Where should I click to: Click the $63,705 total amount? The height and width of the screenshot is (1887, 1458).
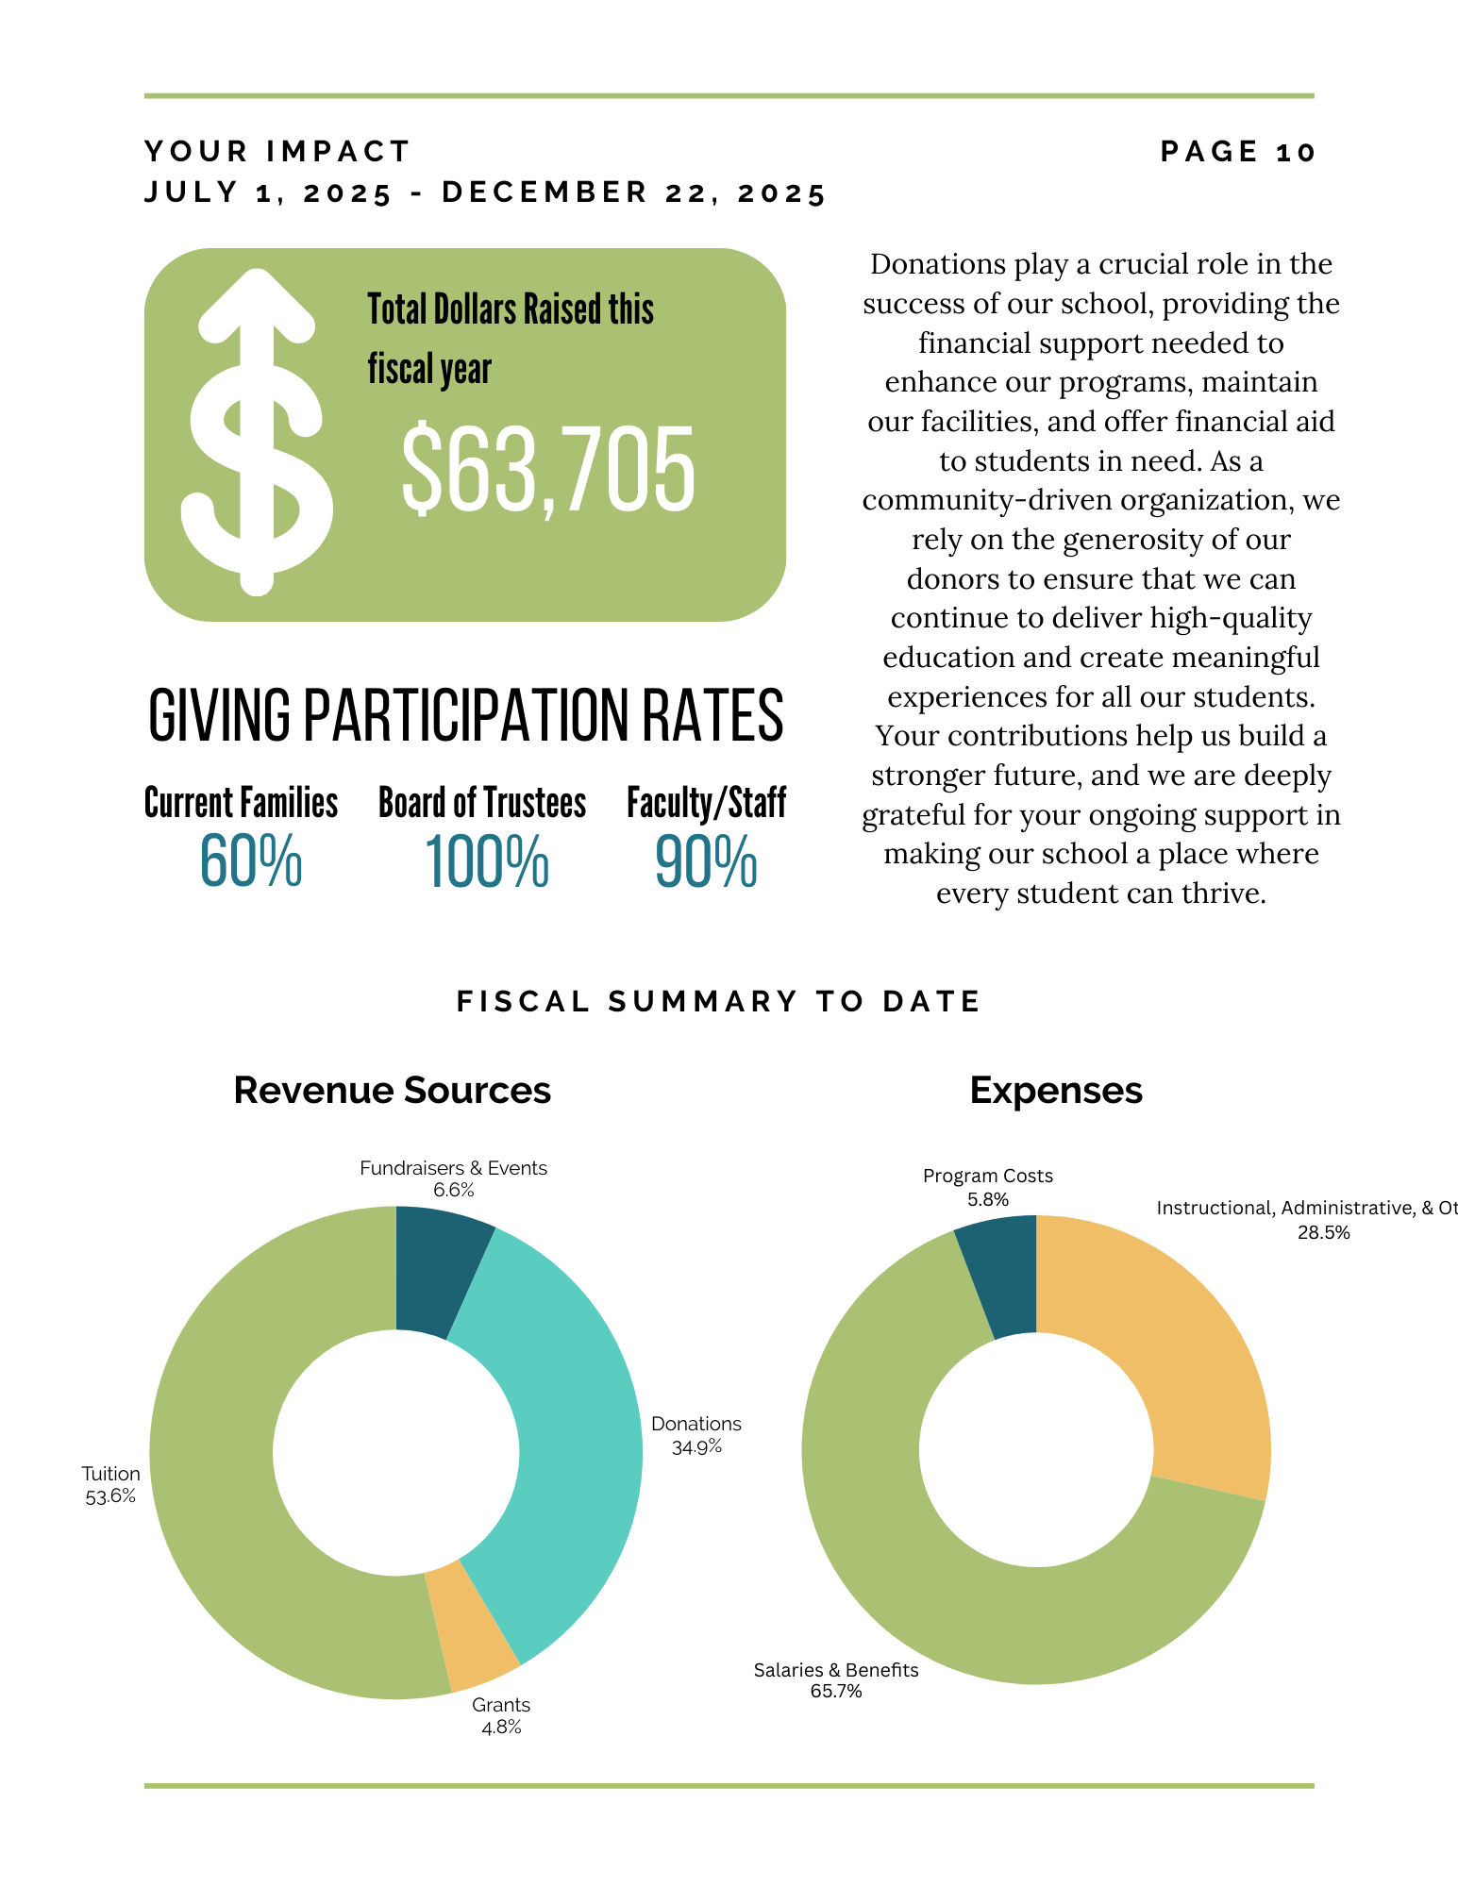click(x=547, y=469)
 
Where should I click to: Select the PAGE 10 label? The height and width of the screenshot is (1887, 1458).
click(x=1237, y=152)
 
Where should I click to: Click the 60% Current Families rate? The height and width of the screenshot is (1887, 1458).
click(x=250, y=861)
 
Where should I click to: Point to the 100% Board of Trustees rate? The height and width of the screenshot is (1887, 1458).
click(x=486, y=861)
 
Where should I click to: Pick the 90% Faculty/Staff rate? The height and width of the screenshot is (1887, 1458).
click(x=706, y=861)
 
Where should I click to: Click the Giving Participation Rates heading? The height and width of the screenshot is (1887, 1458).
click(x=465, y=715)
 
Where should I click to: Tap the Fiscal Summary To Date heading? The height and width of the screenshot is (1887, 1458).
click(x=719, y=1001)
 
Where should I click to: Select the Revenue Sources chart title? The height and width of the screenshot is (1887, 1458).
click(x=392, y=1091)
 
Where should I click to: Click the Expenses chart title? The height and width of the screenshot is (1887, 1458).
click(x=1056, y=1091)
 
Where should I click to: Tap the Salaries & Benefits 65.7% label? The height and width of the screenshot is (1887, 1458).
click(x=836, y=1680)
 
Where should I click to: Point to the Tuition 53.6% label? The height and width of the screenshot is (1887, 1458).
click(x=110, y=1485)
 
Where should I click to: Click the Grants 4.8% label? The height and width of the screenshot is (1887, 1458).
click(x=501, y=1716)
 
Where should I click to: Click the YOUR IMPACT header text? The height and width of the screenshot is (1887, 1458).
click(x=277, y=152)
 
